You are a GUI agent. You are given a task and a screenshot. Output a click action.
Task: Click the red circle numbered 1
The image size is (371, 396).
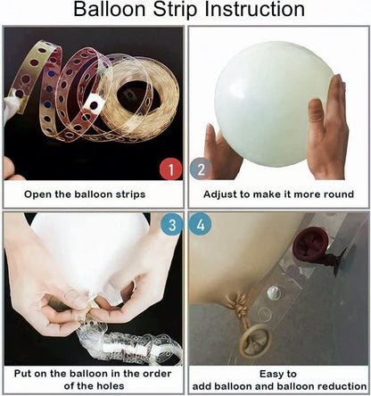pyautogui.click(x=170, y=169)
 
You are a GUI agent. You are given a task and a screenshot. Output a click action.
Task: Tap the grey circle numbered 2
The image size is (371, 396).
pyautogui.click(x=201, y=169)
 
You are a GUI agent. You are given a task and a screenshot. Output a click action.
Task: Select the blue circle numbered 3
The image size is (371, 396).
pyautogui.click(x=172, y=225)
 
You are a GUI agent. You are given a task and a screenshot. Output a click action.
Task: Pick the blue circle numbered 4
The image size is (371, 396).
pyautogui.click(x=201, y=225)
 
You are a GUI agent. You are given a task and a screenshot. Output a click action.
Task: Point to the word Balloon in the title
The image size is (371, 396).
pyautogui.click(x=111, y=9)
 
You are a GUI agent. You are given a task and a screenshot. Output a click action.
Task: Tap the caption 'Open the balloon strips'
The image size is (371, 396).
pyautogui.click(x=85, y=194)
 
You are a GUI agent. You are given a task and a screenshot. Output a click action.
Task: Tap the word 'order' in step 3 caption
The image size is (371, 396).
pyautogui.click(x=157, y=374)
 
